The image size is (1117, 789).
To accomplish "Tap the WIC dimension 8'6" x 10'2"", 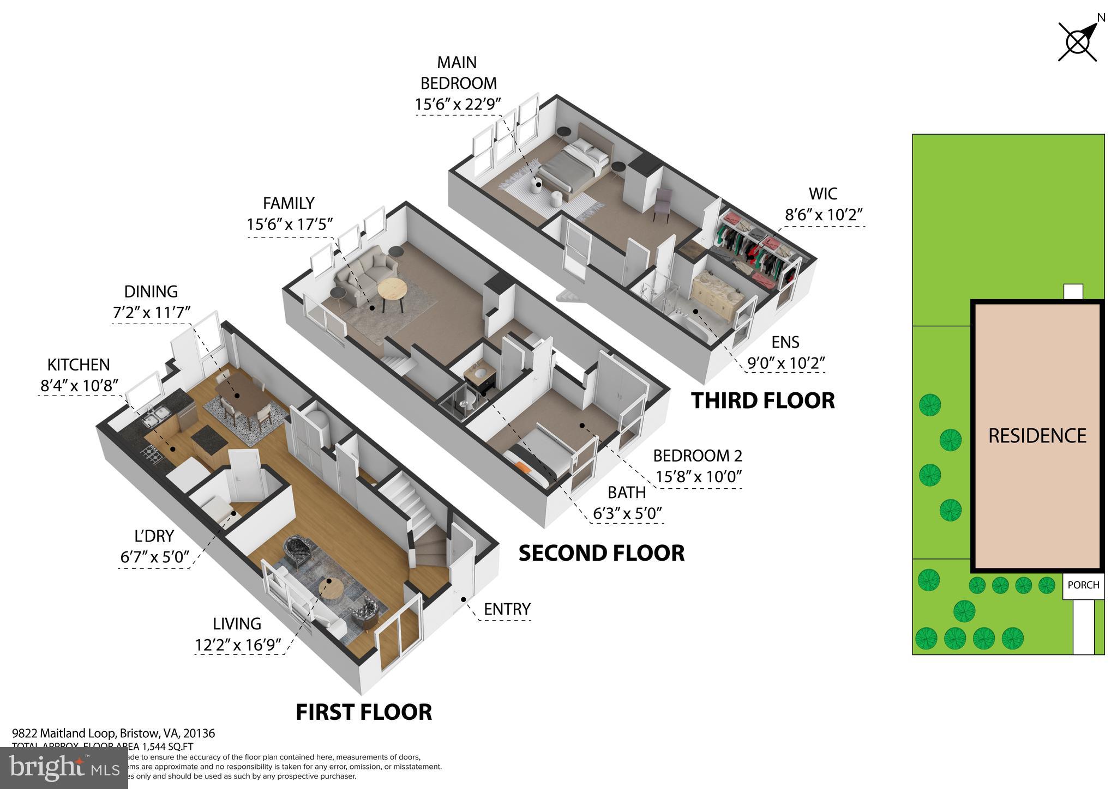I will coord(823,215).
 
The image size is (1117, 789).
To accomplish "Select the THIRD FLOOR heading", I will coord(762,400).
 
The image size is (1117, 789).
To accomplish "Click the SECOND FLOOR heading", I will coord(601,553).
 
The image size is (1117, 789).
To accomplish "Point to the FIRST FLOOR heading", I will coord(364,712).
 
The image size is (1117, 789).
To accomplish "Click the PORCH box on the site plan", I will coord(1083,585).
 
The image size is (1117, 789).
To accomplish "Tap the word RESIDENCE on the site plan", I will coord(1037,436).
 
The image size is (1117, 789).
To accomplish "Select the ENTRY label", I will coord(507,609).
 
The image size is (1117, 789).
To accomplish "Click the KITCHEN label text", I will coord(79,365).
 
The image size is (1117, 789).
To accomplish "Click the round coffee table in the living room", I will coord(331,588).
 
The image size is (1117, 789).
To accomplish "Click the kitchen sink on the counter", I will coord(154,418).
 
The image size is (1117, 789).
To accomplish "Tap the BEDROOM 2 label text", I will coord(697,456).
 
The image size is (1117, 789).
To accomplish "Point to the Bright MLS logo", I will coord(64,768).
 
